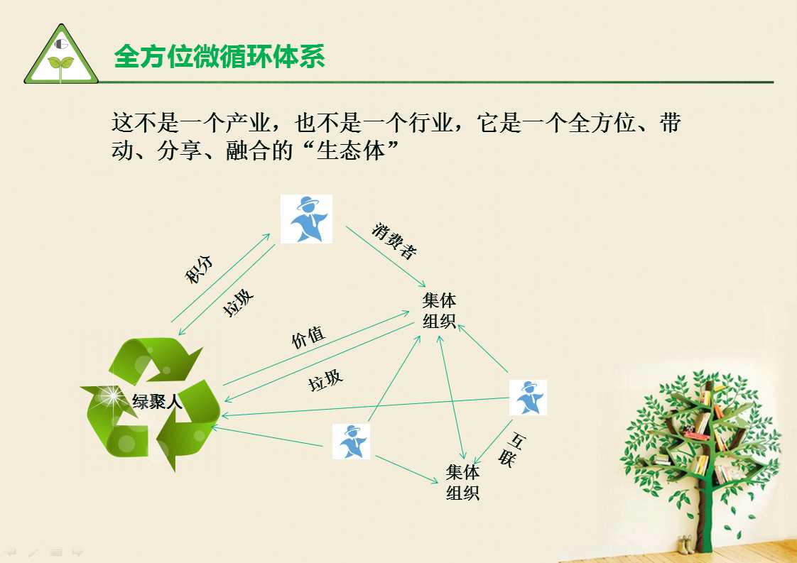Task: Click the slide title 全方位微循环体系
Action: point(219,56)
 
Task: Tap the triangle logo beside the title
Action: point(61,55)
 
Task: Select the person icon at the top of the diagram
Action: point(306,219)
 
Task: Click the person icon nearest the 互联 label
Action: point(528,398)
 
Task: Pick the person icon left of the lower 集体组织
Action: point(351,442)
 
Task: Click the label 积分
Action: point(199,269)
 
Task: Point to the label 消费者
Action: point(394,241)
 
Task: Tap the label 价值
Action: point(308,337)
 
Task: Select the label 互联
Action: point(511,449)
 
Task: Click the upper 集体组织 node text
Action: point(439,311)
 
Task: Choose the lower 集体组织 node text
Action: point(462,482)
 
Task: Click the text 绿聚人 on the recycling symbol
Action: point(157,402)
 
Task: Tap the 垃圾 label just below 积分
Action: point(238,303)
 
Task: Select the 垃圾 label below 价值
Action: point(326,380)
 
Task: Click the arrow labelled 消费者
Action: point(386,256)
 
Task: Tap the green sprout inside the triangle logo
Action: point(60,66)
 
